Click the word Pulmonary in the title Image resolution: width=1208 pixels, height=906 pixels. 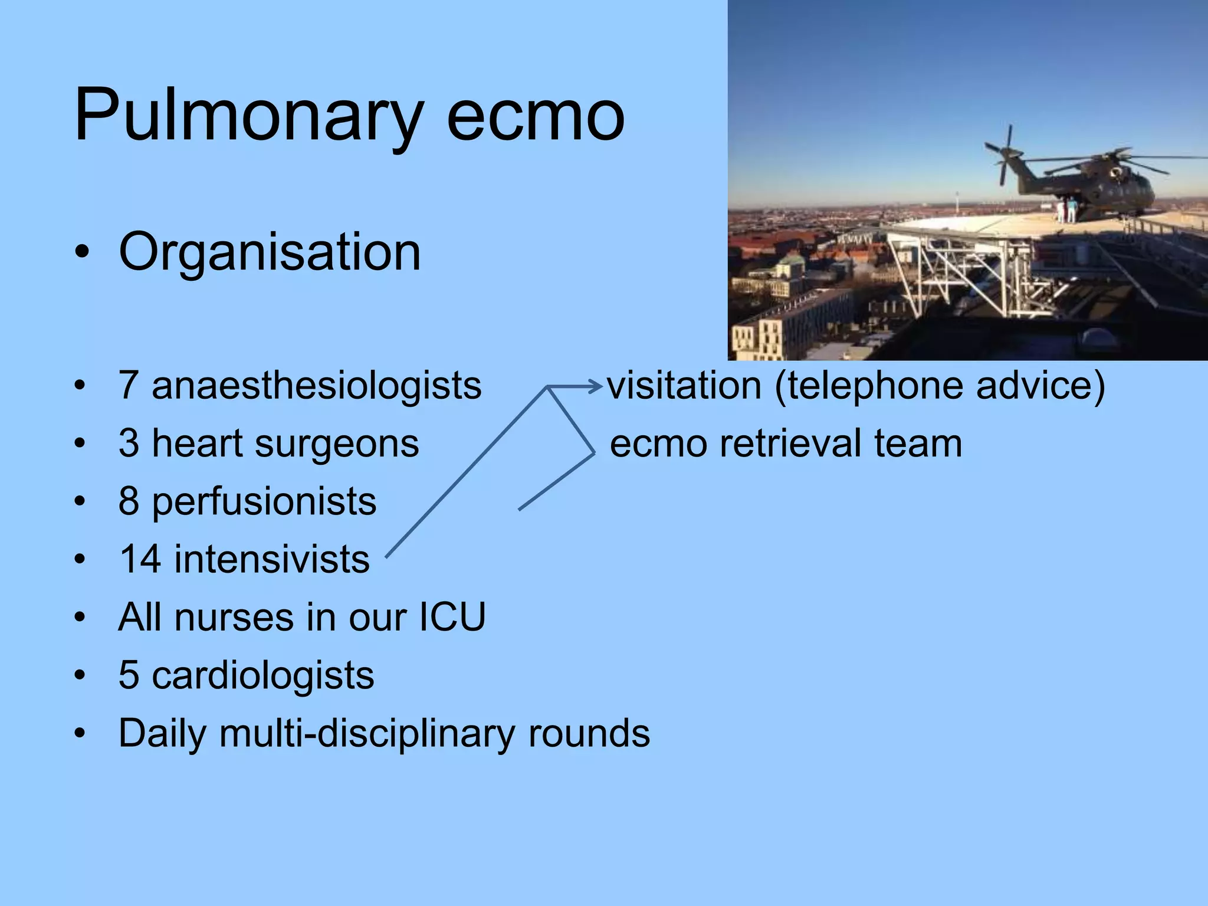coord(248,115)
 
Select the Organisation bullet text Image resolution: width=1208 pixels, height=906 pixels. coord(270,252)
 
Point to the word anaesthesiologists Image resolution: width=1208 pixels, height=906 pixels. coord(317,386)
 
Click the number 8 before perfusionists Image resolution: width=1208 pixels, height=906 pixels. coord(129,501)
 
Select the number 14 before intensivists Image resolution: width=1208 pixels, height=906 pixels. coord(140,559)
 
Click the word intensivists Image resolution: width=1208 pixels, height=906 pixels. coord(272,559)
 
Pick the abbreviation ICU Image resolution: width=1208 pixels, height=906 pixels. coord(452,617)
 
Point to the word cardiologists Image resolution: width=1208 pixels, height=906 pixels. coord(263,675)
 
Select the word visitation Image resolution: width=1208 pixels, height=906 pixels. coord(684,386)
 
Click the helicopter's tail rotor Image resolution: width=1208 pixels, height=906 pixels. coord(1006,155)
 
